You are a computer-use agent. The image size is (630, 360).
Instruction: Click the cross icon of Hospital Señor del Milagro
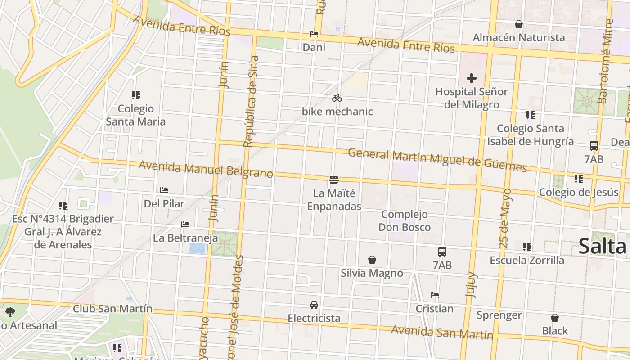pyautogui.click(x=471, y=79)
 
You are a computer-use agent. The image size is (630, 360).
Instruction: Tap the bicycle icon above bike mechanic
pyautogui.click(x=337, y=98)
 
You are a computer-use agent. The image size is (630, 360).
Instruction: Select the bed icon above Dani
pyautogui.click(x=314, y=34)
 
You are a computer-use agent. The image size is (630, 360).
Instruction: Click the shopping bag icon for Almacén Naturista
pyautogui.click(x=518, y=24)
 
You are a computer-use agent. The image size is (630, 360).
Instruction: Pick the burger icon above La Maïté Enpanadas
pyautogui.click(x=334, y=180)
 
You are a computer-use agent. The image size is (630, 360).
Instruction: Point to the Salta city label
pyautogui.click(x=602, y=246)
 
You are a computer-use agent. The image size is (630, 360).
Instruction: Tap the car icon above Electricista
pyautogui.click(x=314, y=305)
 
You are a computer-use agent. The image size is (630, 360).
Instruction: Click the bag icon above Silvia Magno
pyautogui.click(x=372, y=260)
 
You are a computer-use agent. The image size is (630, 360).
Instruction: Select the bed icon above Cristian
pyautogui.click(x=434, y=295)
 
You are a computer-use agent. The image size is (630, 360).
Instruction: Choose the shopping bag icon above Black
pyautogui.click(x=555, y=318)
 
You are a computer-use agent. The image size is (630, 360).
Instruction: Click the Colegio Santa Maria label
pyautogui.click(x=135, y=115)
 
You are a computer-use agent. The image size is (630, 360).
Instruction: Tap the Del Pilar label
pyautogui.click(x=164, y=204)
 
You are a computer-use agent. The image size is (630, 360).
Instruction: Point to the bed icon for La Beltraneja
pyautogui.click(x=185, y=224)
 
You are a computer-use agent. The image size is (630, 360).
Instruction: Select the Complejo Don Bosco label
pyautogui.click(x=404, y=221)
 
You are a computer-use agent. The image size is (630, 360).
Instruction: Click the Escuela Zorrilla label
pyautogui.click(x=526, y=260)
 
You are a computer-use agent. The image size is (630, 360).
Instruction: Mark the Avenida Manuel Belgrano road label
pyautogui.click(x=206, y=169)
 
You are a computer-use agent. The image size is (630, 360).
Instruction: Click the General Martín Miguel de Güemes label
pyautogui.click(x=437, y=160)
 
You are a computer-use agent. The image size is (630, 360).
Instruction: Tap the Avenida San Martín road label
pyautogui.click(x=442, y=332)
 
